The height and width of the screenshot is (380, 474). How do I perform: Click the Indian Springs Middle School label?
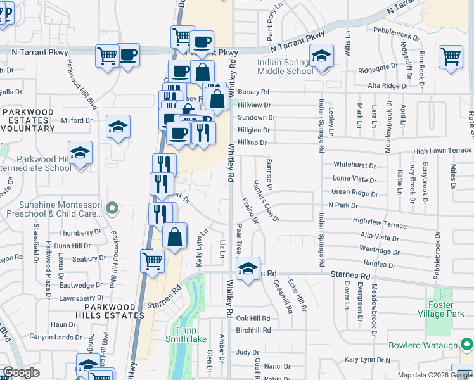point(286,67)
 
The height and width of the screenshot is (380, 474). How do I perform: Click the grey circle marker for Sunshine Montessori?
point(113,207)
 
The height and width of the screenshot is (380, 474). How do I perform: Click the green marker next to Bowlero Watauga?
point(467,345)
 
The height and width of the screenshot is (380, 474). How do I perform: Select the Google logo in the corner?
point(21,372)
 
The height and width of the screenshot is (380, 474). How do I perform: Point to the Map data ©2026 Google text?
point(434,375)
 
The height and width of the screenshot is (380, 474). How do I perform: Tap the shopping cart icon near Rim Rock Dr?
point(451,55)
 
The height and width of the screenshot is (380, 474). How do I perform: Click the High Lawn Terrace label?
point(442,151)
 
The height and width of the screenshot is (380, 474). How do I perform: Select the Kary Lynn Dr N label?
point(368,360)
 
